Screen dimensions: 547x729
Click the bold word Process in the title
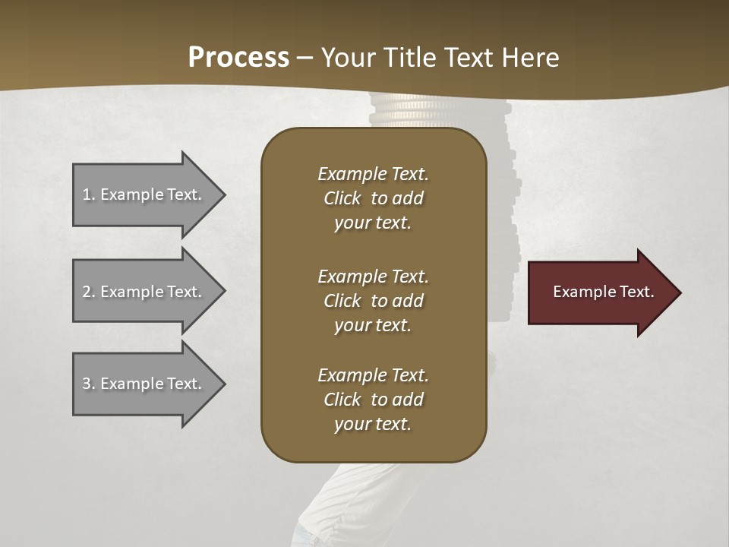pyautogui.click(x=238, y=58)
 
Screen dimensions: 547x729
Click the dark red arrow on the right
pyautogui.click(x=600, y=292)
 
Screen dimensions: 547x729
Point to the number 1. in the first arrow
pyautogui.click(x=89, y=194)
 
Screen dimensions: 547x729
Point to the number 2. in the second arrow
pyautogui.click(x=89, y=292)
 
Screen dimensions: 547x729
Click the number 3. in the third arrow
pyautogui.click(x=89, y=384)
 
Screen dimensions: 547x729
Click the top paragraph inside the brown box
pyautogui.click(x=373, y=198)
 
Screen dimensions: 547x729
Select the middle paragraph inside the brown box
pyautogui.click(x=373, y=301)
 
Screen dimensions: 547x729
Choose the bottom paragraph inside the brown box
pyautogui.click(x=373, y=400)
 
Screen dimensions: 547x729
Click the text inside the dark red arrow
pyautogui.click(x=603, y=292)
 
